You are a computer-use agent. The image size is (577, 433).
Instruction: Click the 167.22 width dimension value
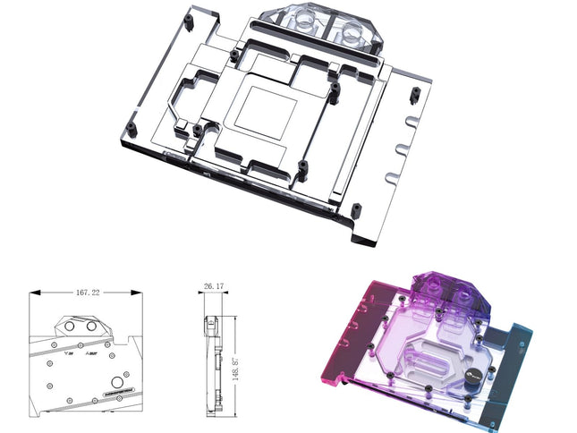88,292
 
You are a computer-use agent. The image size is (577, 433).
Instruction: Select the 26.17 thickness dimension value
213,287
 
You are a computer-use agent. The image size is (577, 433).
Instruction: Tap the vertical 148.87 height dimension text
233,354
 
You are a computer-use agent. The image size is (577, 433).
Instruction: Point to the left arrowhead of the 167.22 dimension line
33,293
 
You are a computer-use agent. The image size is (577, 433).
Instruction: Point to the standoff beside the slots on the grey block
413,96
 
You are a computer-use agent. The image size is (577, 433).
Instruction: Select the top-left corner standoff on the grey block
188,18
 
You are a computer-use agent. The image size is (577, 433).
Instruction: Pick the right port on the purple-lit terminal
466,296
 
